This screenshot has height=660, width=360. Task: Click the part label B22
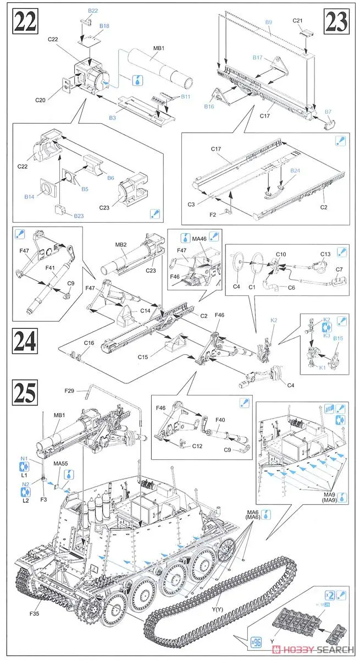coord(93,10)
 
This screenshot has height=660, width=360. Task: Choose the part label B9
coord(269,21)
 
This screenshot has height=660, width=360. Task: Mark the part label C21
coord(313,20)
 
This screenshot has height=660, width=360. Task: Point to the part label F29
coord(68,391)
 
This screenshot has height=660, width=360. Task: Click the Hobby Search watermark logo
coord(315,648)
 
